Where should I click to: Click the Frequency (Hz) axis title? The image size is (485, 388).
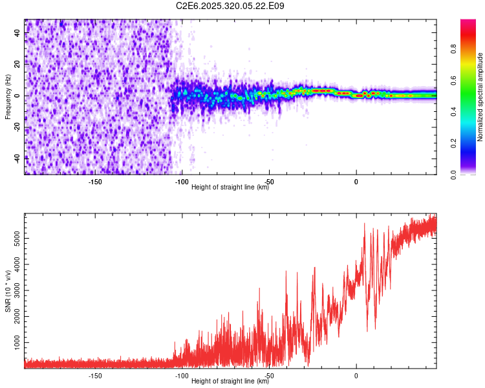[x=8, y=96]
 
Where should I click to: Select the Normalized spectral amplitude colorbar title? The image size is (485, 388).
[x=480, y=97]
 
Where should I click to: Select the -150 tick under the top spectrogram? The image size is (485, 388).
[x=95, y=182]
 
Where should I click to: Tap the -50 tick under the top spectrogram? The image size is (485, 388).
[x=269, y=182]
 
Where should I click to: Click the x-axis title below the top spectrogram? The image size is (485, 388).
[x=230, y=188]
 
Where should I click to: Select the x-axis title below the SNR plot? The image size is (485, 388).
[x=230, y=381]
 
